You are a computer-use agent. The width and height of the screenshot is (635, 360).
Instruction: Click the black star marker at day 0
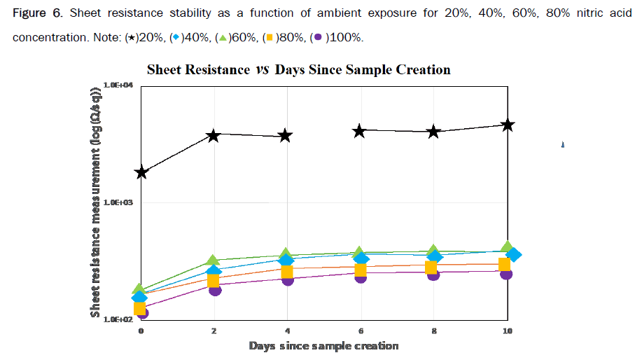[x=141, y=172]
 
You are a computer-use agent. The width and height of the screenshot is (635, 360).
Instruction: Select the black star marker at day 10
[x=508, y=125]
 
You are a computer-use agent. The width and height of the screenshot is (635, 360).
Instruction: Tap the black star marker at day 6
[x=360, y=131]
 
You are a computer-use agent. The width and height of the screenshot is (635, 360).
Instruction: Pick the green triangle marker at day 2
[x=214, y=261]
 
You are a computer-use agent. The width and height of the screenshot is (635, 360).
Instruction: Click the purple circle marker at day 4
[x=287, y=279]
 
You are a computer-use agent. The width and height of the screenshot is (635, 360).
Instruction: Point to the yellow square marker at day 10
[x=504, y=264]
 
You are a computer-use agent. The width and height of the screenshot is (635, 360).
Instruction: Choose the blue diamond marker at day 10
[x=514, y=255]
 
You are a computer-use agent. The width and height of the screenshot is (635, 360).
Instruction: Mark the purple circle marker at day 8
[x=433, y=275]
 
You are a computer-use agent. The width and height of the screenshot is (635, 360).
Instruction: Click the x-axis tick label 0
[x=141, y=330]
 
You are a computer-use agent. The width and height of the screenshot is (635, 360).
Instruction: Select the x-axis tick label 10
[x=507, y=330]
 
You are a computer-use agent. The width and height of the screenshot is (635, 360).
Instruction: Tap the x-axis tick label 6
[x=361, y=330]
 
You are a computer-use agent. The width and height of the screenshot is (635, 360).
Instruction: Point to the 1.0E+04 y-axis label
[x=123, y=85]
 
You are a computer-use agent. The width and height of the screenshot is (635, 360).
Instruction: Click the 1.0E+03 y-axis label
[x=123, y=202]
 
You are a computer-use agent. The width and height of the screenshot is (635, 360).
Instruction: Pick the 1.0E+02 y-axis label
[x=123, y=319]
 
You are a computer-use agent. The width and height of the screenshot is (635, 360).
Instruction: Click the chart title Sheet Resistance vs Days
[x=298, y=69]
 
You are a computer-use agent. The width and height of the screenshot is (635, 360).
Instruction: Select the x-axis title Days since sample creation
[x=323, y=345]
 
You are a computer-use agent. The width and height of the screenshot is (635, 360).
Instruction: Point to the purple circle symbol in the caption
[x=318, y=37]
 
